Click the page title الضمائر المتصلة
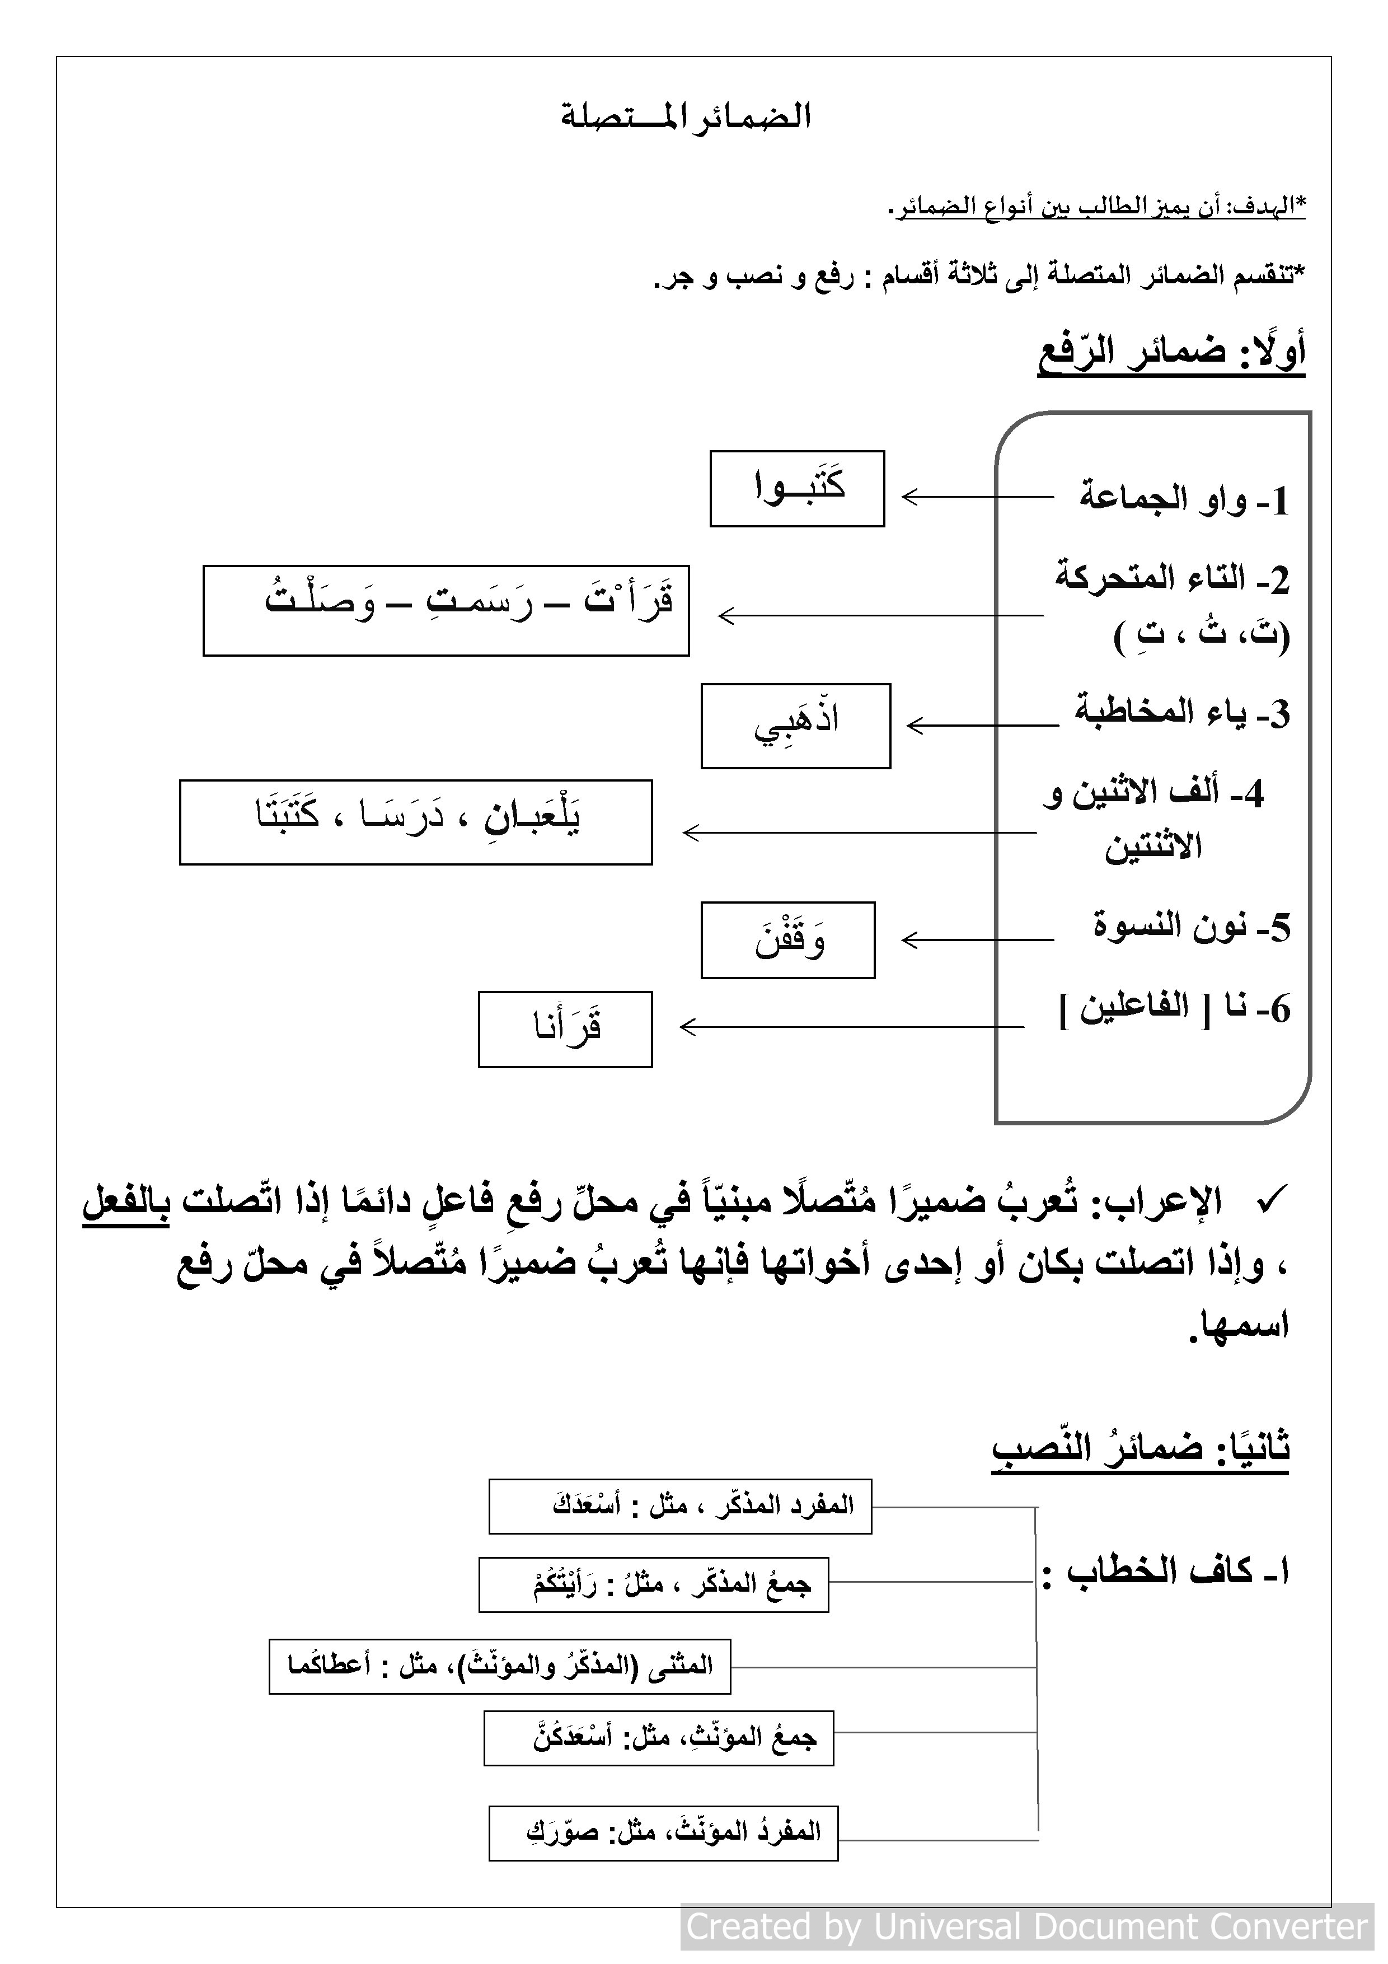coord(685,116)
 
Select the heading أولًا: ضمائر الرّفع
coord(1171,353)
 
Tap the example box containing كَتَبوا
coord(796,488)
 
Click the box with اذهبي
coord(795,726)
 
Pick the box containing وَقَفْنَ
coord(787,939)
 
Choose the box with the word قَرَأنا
coord(565,1029)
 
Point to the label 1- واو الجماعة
coord(1184,499)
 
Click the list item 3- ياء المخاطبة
coord(1182,713)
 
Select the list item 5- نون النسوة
coord(1192,927)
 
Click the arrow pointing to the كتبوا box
coord(977,496)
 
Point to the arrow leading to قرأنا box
coord(850,1026)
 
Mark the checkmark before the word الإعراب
coord(1270,1201)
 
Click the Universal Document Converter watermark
coord(1027,1926)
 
